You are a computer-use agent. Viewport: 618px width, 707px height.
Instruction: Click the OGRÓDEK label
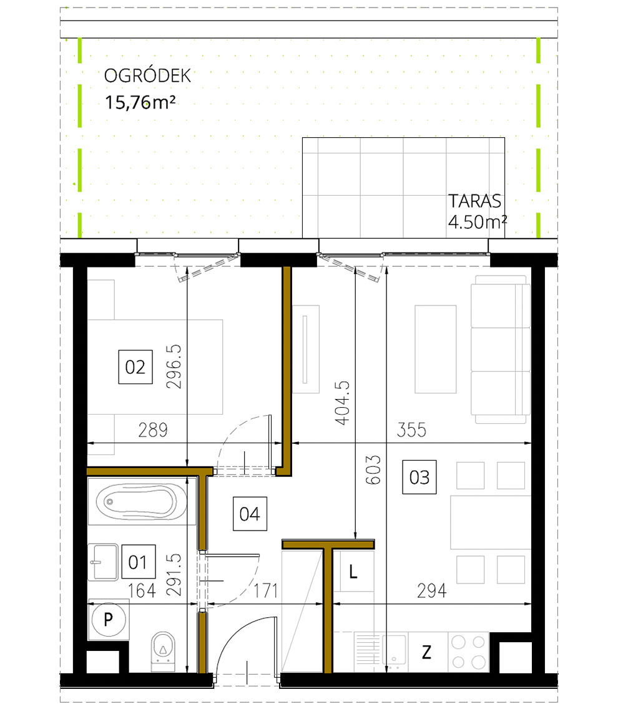click(147, 76)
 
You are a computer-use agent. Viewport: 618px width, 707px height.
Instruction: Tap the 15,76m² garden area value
click(139, 102)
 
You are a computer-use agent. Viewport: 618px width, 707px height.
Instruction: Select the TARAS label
click(475, 201)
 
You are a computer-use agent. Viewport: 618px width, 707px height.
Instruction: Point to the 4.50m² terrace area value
click(477, 222)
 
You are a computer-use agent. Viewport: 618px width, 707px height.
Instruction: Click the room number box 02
click(135, 367)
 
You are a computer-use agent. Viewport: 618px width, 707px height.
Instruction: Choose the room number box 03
click(419, 477)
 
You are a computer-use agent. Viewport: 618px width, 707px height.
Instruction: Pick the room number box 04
click(250, 514)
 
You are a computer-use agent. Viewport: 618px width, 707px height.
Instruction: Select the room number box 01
click(138, 562)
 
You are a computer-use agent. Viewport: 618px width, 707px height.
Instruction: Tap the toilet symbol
click(163, 651)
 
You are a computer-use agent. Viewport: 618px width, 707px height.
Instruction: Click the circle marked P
click(109, 620)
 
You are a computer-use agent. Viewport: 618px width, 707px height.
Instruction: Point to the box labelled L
click(353, 572)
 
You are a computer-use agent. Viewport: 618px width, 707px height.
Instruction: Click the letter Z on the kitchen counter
click(426, 653)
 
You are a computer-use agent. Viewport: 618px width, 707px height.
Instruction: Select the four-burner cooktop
click(468, 652)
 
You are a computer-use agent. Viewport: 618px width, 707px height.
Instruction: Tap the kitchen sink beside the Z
click(380, 652)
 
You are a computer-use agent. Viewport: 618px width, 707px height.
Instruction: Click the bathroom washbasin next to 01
click(103, 562)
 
